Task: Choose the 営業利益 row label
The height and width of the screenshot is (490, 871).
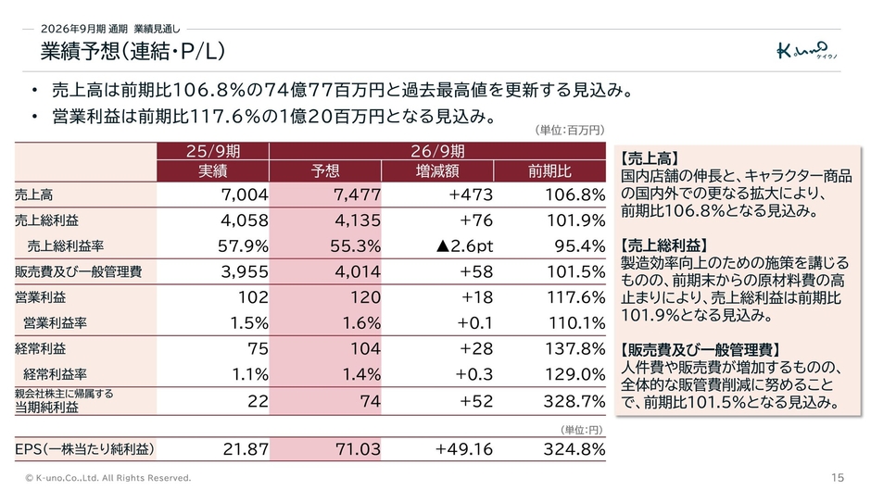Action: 41,297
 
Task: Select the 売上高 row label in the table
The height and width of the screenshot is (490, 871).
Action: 34,195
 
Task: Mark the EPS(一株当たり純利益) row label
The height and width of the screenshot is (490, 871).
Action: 84,449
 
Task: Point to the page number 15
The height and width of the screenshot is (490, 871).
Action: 838,478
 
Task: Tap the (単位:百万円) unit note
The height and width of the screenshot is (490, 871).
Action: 569,130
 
